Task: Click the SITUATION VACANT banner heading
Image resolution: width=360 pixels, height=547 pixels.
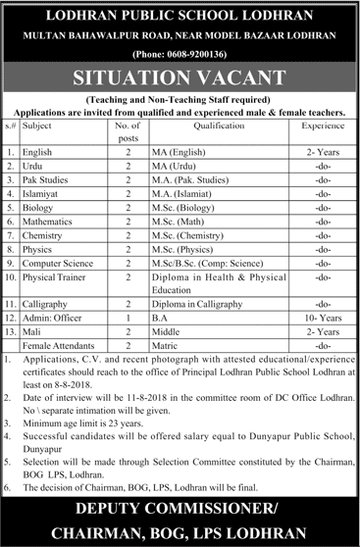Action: [180, 75]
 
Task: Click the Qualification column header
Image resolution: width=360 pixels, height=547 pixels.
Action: [219, 126]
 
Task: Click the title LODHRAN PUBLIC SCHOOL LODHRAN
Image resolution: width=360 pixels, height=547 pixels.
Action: [180, 16]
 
